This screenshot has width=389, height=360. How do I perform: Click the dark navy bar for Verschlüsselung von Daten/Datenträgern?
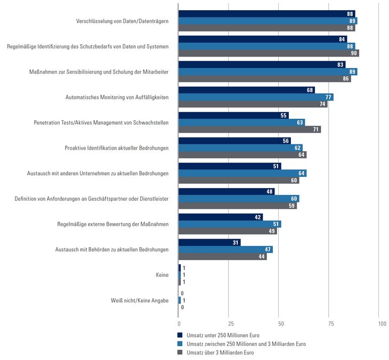[x=266, y=14]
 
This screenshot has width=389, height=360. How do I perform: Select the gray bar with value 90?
[x=269, y=53]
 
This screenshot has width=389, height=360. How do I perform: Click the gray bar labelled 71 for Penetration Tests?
[x=249, y=129]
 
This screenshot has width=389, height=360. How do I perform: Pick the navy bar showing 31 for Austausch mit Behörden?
[x=209, y=242]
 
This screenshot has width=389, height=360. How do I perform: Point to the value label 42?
[x=258, y=217]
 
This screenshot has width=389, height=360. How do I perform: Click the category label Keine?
[x=163, y=275]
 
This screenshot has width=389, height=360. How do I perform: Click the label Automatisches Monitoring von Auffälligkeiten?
[x=117, y=97]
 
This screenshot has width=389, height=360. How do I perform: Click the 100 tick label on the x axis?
[x=382, y=323]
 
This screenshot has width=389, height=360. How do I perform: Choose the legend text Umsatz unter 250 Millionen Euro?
[x=220, y=335]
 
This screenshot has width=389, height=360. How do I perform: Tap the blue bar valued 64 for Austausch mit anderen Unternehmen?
[x=242, y=173]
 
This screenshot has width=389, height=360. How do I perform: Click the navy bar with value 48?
[x=226, y=192]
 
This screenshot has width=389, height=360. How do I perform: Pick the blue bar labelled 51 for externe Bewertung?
[x=230, y=224]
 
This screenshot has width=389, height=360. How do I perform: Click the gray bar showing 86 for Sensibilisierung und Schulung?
[x=265, y=79]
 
